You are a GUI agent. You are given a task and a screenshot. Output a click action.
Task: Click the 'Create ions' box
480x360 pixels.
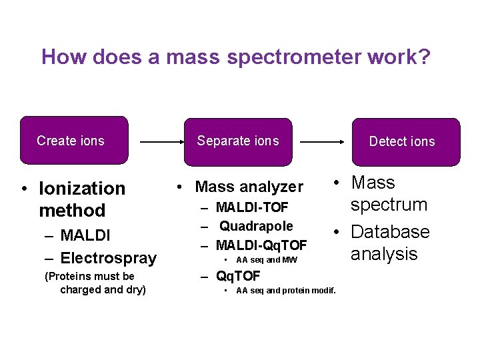coord(73,141)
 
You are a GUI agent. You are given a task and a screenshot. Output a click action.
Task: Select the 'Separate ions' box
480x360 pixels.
coord(238,141)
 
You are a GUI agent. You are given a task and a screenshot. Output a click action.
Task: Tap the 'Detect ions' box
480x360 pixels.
coord(406,141)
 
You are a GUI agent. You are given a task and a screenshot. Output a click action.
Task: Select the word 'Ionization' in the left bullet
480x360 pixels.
coord(82,189)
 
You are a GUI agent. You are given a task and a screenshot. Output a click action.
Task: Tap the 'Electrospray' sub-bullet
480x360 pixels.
coord(108,258)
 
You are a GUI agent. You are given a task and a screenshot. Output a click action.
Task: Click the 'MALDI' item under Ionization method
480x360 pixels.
coord(85,235)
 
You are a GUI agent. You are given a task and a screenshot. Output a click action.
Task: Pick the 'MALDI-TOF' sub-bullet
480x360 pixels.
coord(252,209)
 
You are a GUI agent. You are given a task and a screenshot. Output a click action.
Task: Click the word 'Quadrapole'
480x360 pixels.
coord(256,227)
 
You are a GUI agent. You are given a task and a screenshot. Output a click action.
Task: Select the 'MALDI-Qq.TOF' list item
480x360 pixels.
coord(261,245)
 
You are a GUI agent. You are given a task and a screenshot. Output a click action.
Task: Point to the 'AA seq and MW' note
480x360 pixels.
coord(267,260)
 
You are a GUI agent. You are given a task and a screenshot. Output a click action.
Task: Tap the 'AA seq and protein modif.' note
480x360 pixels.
coord(286,290)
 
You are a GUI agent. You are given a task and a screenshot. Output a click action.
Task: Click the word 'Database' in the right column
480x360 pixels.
coord(390,232)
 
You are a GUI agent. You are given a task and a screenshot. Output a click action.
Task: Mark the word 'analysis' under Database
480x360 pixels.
coord(384,254)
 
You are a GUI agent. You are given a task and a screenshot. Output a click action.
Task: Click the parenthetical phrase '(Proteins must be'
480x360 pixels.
coord(89,276)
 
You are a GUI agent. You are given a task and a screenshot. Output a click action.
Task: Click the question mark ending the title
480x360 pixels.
coord(425,57)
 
